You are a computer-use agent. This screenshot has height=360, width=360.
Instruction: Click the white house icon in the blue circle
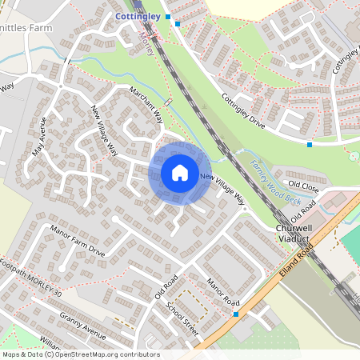(180, 173)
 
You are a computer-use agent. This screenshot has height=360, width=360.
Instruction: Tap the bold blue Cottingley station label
(138, 15)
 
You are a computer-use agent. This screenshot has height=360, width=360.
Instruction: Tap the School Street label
(181, 316)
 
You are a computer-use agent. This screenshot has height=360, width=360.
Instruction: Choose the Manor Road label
(222, 292)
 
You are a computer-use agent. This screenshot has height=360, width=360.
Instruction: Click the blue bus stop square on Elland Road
(236, 314)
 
